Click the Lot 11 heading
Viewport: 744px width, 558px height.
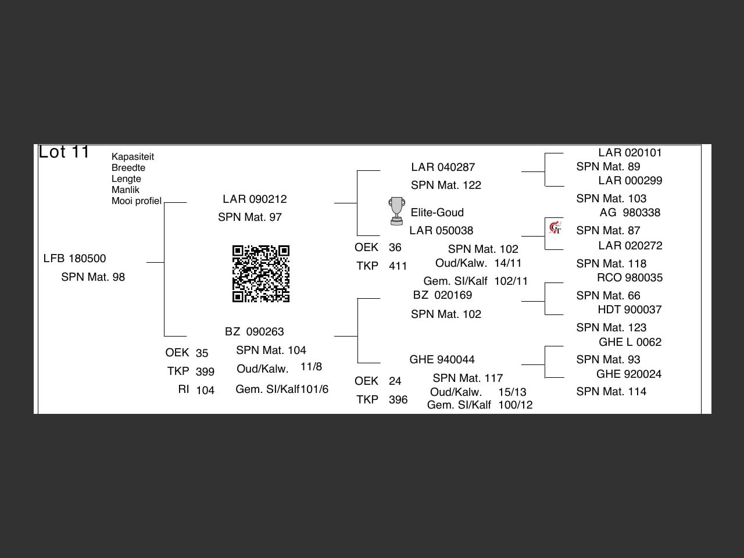click(x=64, y=152)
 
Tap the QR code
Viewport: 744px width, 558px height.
click(x=261, y=274)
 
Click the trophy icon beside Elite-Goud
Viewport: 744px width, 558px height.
click(x=396, y=211)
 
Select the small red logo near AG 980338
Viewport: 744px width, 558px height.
click(x=555, y=227)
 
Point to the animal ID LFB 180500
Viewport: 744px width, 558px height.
click(x=74, y=259)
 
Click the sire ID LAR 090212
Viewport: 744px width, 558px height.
click(x=255, y=199)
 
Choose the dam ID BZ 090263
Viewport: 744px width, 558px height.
click(x=255, y=332)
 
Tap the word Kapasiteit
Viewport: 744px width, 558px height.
click(x=133, y=157)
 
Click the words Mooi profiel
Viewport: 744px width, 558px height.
click(x=137, y=201)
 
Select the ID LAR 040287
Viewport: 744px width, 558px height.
click(x=443, y=167)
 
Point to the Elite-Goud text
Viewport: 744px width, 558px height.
click(x=437, y=213)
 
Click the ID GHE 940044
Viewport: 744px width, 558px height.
click(x=442, y=360)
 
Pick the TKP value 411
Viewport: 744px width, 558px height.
click(x=398, y=266)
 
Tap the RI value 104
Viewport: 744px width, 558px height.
click(x=205, y=391)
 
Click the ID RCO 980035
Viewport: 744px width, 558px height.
click(x=629, y=278)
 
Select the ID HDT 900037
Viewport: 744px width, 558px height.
click(x=629, y=310)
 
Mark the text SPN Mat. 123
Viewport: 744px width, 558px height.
click(x=611, y=328)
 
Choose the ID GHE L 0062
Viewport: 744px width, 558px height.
click(x=630, y=342)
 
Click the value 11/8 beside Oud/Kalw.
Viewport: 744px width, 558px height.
click(x=311, y=367)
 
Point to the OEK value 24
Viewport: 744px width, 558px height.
click(x=395, y=381)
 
